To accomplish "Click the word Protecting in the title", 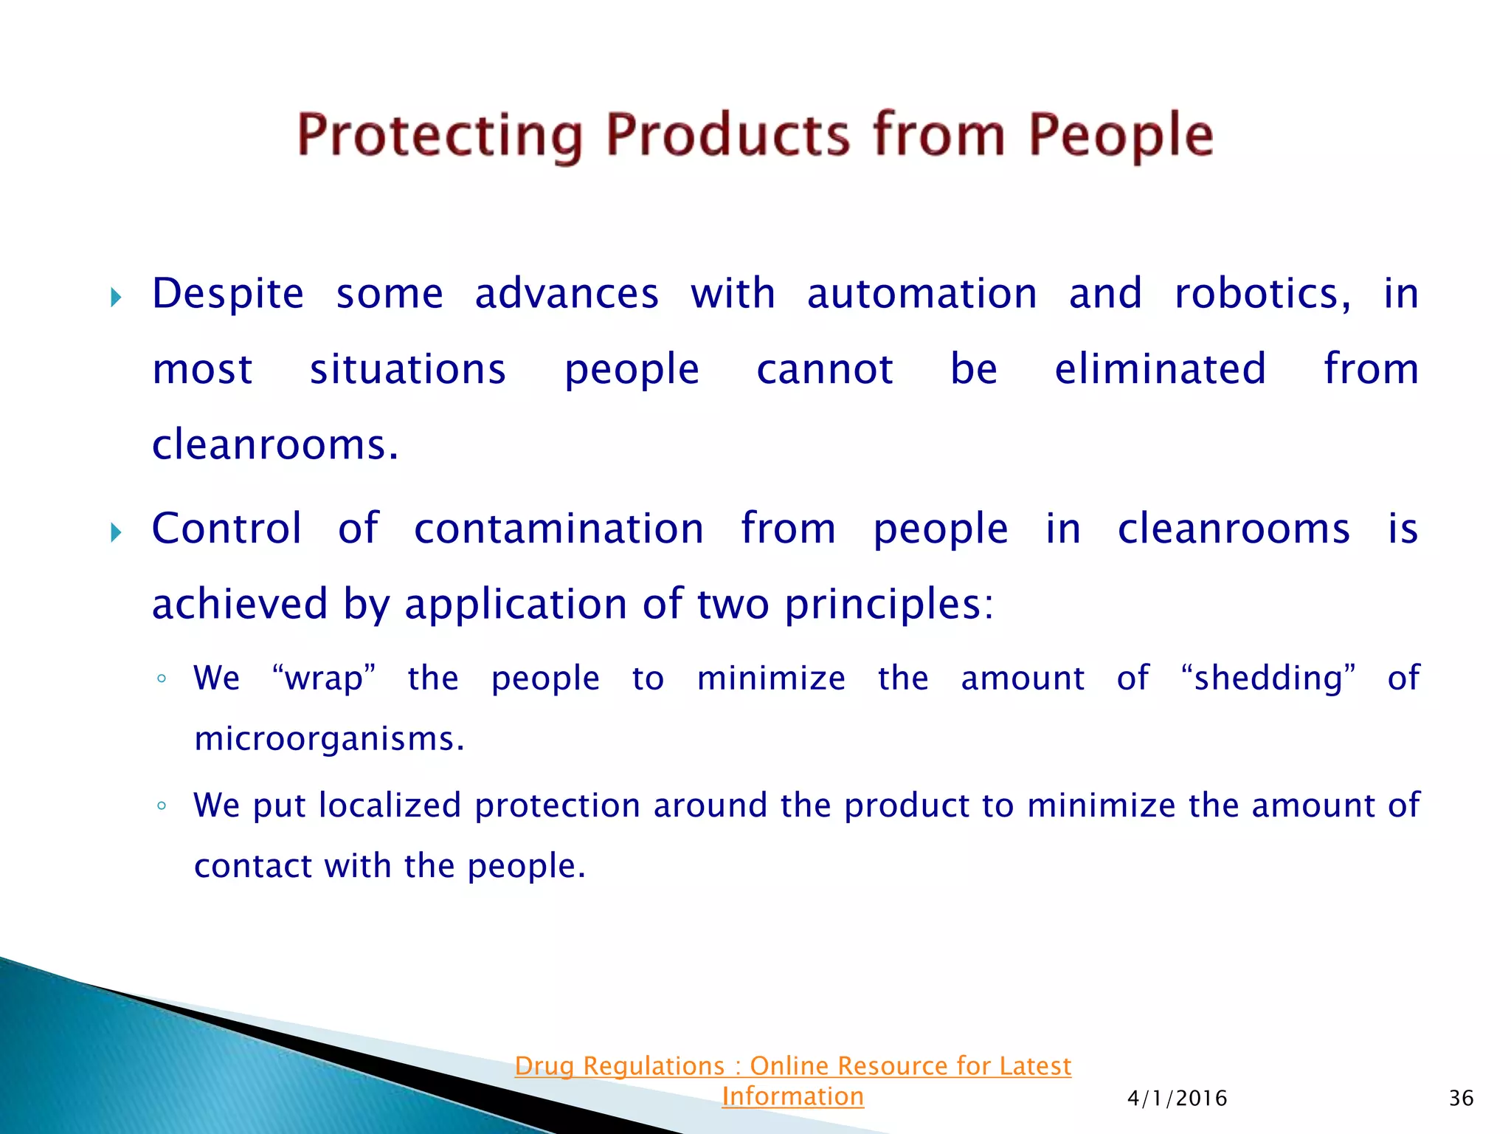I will coord(440,135).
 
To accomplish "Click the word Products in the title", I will coord(727,135).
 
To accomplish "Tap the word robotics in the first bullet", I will coord(1262,294).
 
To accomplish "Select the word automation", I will coord(922,294).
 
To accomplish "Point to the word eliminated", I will coord(1160,369).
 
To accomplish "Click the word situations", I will coord(407,369).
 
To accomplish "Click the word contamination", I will coord(559,529).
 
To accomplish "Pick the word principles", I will coord(888,605).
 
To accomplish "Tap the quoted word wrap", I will coord(324,678).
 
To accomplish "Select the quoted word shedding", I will coord(1268,678).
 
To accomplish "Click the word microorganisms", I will coord(329,738).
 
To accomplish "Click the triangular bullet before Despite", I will coord(115,298).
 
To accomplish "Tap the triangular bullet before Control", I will coord(115,532).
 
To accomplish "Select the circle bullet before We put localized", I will coord(162,805).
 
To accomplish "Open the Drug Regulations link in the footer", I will coord(792,1066).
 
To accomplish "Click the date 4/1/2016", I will coord(1177,1099).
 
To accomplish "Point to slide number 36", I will coord(1461,1099).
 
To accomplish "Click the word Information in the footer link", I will coord(792,1096).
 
